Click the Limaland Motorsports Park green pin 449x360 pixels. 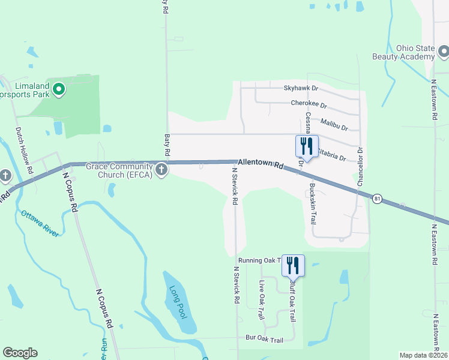(59, 90)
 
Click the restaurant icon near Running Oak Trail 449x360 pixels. (293, 265)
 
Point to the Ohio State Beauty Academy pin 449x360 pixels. (444, 52)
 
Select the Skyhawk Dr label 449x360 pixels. (301, 88)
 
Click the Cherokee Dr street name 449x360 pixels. (309, 103)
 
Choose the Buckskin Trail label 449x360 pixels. (313, 203)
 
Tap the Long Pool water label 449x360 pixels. (177, 302)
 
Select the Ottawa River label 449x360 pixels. (40, 223)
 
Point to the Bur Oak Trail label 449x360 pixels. (264, 340)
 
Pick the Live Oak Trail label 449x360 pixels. (261, 299)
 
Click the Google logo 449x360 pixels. (20, 353)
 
